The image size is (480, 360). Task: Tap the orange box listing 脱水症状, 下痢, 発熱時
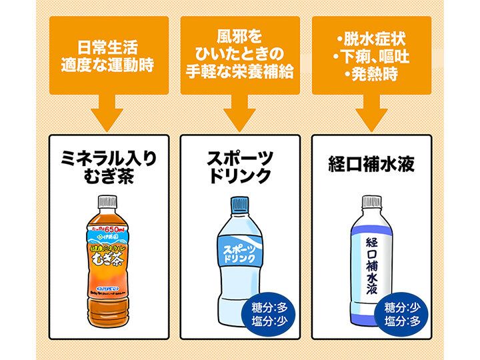coord(371,53)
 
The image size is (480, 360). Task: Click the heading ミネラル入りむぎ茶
coord(109,167)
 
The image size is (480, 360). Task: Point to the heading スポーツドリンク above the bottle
coord(240,167)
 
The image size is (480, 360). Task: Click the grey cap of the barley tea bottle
coord(108,201)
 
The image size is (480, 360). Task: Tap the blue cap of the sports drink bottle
coord(240,204)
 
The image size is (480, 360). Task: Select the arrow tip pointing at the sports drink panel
coord(240,127)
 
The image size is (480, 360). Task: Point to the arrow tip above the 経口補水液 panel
coord(371,127)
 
